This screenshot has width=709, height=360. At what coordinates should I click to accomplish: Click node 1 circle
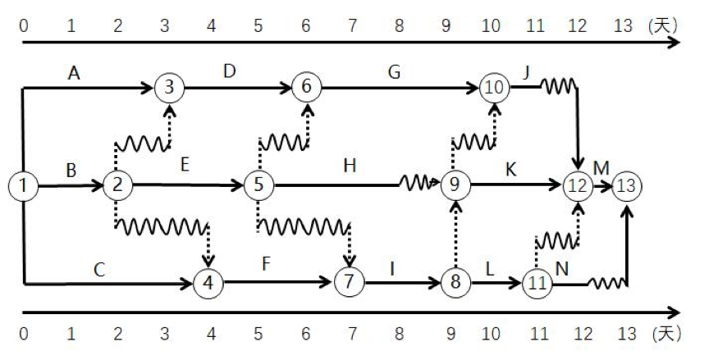click(24, 186)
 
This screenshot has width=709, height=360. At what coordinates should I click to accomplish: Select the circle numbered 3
click(169, 86)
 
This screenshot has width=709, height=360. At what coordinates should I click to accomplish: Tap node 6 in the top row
click(307, 86)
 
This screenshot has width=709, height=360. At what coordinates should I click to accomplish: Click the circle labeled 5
click(258, 186)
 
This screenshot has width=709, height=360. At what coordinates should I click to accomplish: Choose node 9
click(453, 186)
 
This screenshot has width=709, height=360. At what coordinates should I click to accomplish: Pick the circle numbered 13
click(628, 186)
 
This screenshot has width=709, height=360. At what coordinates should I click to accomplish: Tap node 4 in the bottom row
click(208, 284)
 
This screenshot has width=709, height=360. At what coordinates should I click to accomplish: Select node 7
click(349, 284)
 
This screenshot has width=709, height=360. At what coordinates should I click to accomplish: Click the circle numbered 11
click(537, 284)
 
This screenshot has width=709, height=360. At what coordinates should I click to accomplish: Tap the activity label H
click(350, 166)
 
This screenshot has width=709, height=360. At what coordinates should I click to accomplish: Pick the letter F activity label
click(265, 266)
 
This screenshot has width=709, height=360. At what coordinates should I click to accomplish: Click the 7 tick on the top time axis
click(353, 25)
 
